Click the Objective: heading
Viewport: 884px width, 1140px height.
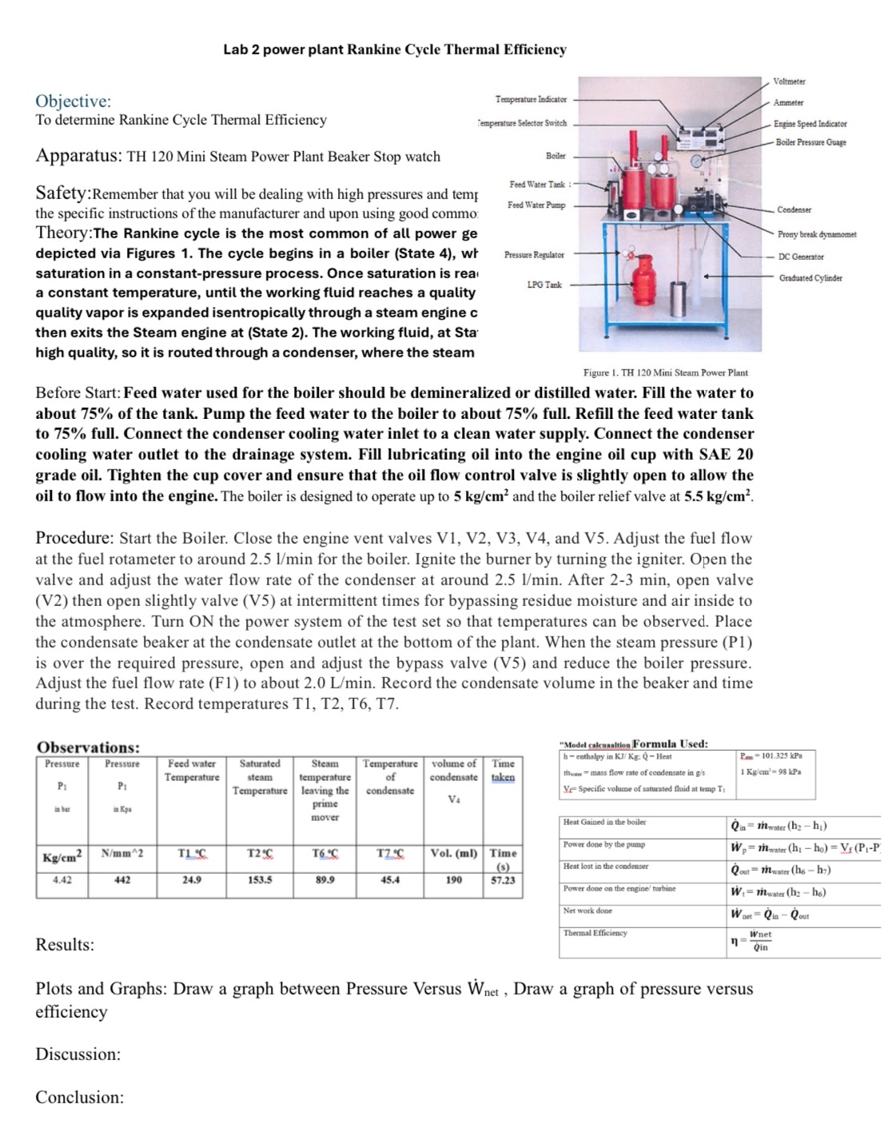[x=73, y=101]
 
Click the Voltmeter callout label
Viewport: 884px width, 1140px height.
[x=789, y=82]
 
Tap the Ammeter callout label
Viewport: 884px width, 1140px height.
[x=788, y=102]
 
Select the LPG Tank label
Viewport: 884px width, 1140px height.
[x=544, y=285]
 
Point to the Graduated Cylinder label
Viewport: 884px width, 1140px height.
[x=810, y=277]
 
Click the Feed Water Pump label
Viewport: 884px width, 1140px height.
[x=536, y=205]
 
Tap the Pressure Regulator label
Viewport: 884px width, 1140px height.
[x=534, y=255]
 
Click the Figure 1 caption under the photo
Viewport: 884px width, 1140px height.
[x=665, y=373]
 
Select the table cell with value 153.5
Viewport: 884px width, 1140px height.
[x=259, y=879]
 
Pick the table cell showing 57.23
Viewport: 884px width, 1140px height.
[x=503, y=879]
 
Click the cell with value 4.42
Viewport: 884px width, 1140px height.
[x=62, y=879]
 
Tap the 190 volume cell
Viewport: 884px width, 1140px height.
[x=453, y=879]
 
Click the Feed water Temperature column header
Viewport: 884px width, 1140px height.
[x=192, y=770]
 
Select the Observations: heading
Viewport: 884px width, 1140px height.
[x=88, y=747]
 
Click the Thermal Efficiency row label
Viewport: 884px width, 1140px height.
[x=595, y=933]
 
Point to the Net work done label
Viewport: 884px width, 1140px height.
[x=587, y=911]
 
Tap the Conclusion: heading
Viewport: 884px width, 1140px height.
[x=79, y=1097]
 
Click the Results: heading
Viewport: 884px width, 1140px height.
[x=65, y=944]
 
